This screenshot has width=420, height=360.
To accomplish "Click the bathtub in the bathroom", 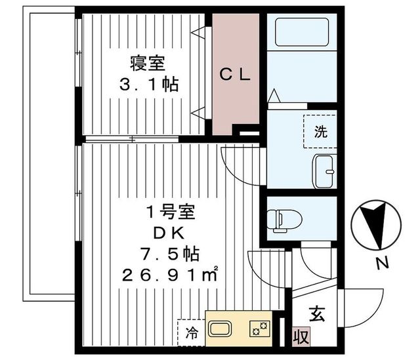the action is pos(302,32).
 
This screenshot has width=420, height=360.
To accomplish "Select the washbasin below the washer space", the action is pos(324,171).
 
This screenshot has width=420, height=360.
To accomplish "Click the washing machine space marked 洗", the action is pos(320,131).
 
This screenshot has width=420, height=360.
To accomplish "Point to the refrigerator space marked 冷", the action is pos(191,332).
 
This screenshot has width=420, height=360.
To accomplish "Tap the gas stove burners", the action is pos(260,329).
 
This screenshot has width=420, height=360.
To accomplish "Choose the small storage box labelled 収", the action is pos(301,336).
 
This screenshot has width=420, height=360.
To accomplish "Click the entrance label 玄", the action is pos(317,313).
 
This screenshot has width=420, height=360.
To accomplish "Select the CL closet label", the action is pos(235,75).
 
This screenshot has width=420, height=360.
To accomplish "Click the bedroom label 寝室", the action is pos(147,63).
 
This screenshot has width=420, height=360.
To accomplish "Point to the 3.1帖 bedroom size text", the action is pos(149,85).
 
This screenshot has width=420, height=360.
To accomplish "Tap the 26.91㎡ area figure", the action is pos(170,275).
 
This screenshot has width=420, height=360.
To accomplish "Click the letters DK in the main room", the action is pos(169,233).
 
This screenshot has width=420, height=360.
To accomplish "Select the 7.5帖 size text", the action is pos(171,254).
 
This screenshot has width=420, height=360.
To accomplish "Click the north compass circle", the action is pos(376,225).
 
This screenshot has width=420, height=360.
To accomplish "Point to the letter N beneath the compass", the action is pos(383,263).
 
